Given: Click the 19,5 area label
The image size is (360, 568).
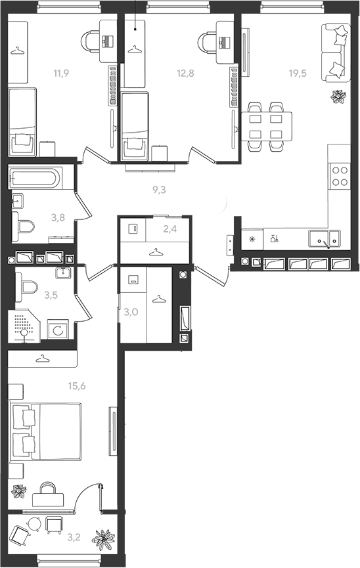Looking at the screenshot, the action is pos(298,73).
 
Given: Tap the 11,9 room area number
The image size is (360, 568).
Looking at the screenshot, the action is pos(61,73).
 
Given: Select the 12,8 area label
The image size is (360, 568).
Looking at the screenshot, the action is pos(185,73).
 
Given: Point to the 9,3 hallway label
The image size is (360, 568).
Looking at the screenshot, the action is pos(159,190).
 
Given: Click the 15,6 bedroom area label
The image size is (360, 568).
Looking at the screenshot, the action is pos(77,386).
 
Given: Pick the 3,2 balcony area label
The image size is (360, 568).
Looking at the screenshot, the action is pos(74,537).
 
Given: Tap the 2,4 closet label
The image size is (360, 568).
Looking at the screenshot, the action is pos(170,229).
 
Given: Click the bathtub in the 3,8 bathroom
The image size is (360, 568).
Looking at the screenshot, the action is pos(35,177).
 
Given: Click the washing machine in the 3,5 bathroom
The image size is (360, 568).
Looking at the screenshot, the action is pos(58,329).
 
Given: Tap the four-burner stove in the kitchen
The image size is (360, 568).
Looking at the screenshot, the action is pos(340,176).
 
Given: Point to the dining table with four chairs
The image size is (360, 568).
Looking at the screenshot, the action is pos(267,127).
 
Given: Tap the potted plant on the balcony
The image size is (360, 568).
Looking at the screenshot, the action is pos(104,538).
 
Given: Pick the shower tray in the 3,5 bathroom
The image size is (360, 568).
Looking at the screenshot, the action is pos(24,325).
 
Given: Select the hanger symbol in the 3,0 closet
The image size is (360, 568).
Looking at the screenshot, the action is pos(159,299).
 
